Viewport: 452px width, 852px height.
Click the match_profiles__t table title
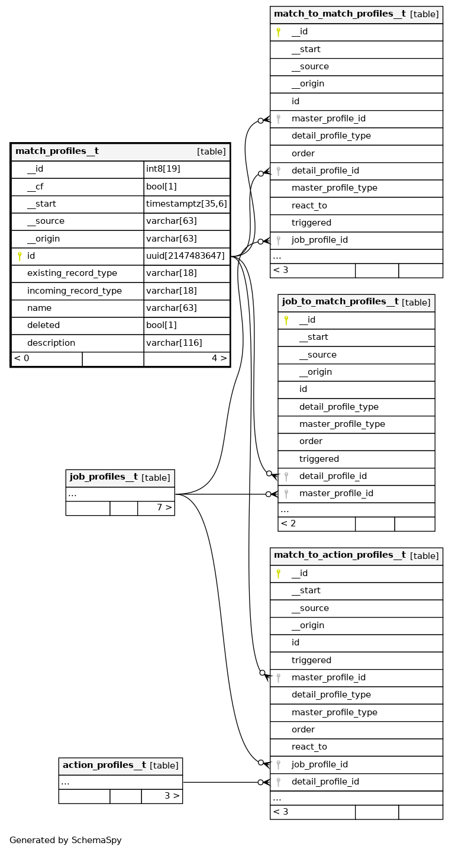point(57,152)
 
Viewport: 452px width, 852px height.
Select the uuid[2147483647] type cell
point(185,256)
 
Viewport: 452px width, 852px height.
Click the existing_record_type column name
point(72,274)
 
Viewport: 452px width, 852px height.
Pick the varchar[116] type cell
point(174,343)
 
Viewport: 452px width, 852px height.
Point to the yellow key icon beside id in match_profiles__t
point(19,256)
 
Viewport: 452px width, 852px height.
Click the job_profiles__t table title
point(104,477)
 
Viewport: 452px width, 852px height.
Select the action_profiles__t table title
point(104,766)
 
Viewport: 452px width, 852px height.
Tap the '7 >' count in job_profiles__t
point(164,507)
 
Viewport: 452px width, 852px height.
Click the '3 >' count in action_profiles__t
point(172,796)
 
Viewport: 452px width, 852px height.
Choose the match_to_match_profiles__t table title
point(340,14)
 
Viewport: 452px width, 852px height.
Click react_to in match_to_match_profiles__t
point(309,205)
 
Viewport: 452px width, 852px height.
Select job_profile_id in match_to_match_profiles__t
point(319,240)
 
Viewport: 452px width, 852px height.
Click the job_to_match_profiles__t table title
point(340,302)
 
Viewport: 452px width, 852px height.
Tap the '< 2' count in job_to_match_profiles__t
point(288,523)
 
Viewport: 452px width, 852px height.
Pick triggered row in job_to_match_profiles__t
point(319,459)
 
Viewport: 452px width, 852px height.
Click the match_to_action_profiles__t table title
point(340,555)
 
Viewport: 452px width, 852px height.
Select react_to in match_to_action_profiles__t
point(309,747)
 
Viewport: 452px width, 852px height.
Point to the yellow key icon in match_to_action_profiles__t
point(278,573)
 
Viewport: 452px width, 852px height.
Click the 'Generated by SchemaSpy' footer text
point(65,840)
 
